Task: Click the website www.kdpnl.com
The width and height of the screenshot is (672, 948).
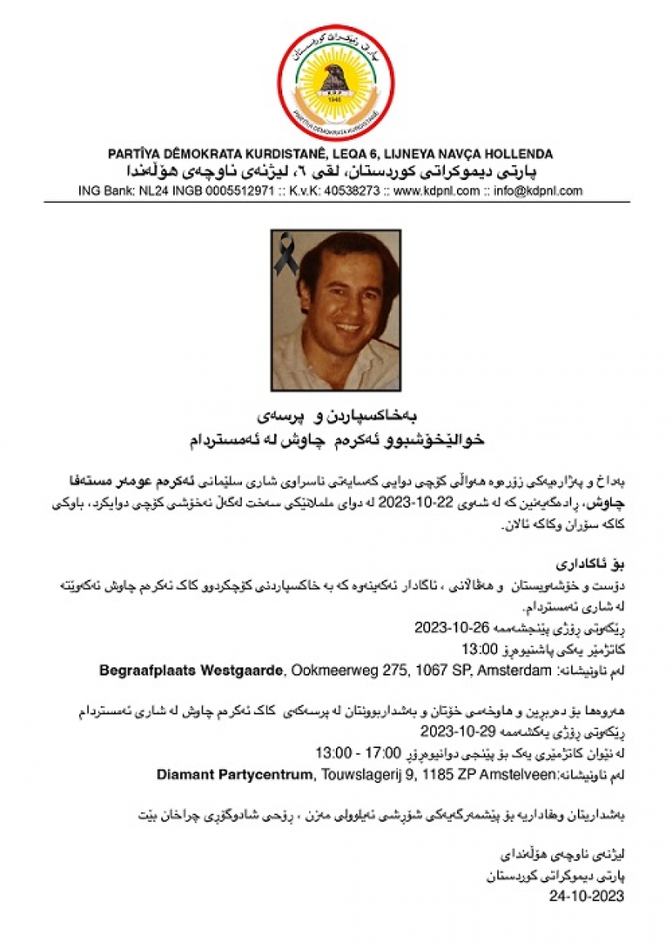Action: pyautogui.click(x=436, y=191)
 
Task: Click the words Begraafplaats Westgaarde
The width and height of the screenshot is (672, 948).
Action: pyautogui.click(x=191, y=671)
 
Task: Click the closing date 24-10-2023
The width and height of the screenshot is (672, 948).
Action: pyautogui.click(x=587, y=896)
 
